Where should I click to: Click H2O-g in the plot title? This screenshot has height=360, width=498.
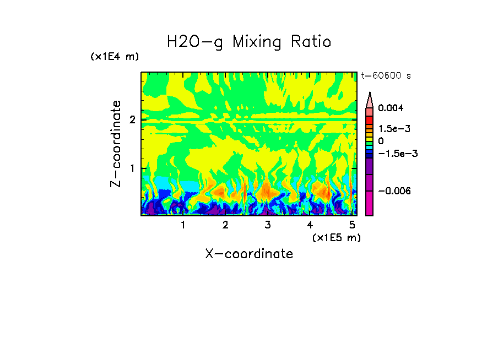click(195, 42)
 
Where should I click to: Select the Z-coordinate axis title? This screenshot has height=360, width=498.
click(116, 144)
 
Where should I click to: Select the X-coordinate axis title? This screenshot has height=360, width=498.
click(249, 254)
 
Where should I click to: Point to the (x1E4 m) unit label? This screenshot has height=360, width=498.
click(115, 57)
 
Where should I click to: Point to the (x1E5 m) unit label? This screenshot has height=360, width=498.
click(336, 237)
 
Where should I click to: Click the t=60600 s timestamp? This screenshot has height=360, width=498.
click(386, 75)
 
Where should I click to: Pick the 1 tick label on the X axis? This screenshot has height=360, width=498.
click(183, 225)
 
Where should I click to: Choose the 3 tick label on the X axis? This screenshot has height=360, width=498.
click(268, 225)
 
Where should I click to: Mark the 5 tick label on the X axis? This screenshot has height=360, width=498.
click(353, 225)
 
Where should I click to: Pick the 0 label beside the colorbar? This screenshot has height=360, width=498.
click(381, 141)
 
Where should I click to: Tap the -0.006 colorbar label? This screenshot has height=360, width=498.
click(393, 190)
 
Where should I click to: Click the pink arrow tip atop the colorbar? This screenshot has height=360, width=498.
click(370, 99)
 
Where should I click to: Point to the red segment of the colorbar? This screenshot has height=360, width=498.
click(370, 119)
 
